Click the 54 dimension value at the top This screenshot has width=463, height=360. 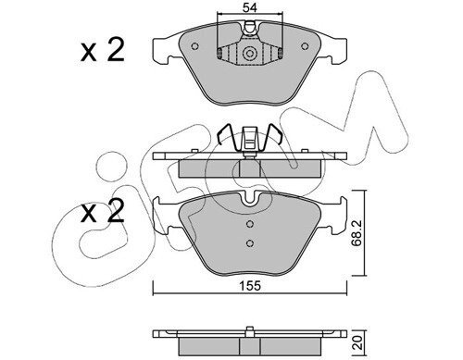pos(249,7)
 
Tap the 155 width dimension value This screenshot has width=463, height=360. pos(250,286)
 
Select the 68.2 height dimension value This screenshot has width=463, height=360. pos(357,233)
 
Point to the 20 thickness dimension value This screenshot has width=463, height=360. pos(357,342)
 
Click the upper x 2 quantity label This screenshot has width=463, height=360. pos(103,49)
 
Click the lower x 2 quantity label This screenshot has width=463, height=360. pos(103,211)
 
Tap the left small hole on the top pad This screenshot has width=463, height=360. pos(194,46)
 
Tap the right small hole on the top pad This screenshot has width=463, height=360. pos(305,46)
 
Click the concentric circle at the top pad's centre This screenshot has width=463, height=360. pos(249,54)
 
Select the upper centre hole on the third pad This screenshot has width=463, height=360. pos(250,224)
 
